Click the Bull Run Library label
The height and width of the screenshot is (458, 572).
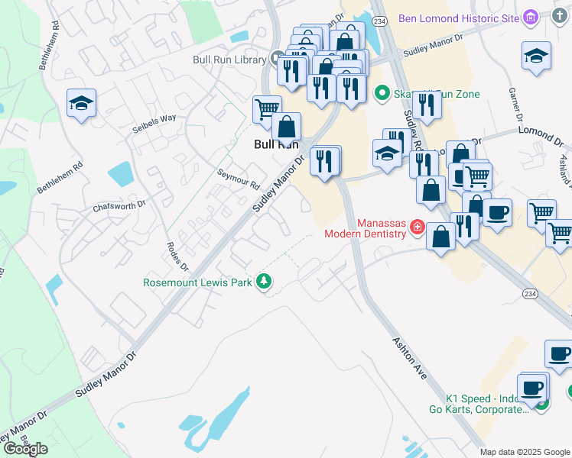[x=229, y=59]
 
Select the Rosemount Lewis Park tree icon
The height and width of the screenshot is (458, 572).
[x=264, y=282]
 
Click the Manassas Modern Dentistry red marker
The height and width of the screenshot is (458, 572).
[x=418, y=226]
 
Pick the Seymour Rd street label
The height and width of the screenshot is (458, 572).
[x=239, y=179]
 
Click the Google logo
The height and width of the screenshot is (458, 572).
[x=25, y=449]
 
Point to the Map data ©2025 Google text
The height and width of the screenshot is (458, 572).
[x=525, y=452]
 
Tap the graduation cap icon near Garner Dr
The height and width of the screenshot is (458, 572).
[x=536, y=56]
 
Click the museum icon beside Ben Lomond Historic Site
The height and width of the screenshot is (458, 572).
[x=532, y=18]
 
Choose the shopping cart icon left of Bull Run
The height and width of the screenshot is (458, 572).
[x=266, y=108]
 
